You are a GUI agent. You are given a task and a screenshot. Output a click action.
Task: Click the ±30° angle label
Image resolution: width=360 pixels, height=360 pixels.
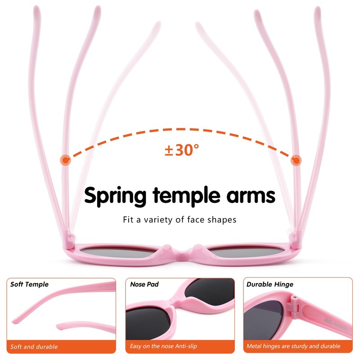181,150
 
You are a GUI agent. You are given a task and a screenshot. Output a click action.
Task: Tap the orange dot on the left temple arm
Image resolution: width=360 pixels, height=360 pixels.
66,160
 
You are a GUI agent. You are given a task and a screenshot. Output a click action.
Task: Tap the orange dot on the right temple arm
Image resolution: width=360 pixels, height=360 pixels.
296,160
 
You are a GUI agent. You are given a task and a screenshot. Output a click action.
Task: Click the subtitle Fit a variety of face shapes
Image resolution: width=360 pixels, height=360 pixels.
180,220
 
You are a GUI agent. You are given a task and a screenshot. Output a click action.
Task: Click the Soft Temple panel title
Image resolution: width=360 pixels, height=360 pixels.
29,284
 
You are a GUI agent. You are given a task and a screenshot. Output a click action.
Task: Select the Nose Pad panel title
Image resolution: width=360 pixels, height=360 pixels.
144,284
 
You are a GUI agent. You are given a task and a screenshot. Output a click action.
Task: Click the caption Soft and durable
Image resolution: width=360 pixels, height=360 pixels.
34,346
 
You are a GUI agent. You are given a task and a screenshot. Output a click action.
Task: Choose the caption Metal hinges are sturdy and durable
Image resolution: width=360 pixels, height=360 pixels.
293,346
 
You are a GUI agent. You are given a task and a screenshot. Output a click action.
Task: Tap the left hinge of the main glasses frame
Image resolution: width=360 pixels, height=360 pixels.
69,238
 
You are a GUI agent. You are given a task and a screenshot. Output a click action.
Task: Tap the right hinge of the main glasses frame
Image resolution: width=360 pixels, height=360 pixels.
293,238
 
